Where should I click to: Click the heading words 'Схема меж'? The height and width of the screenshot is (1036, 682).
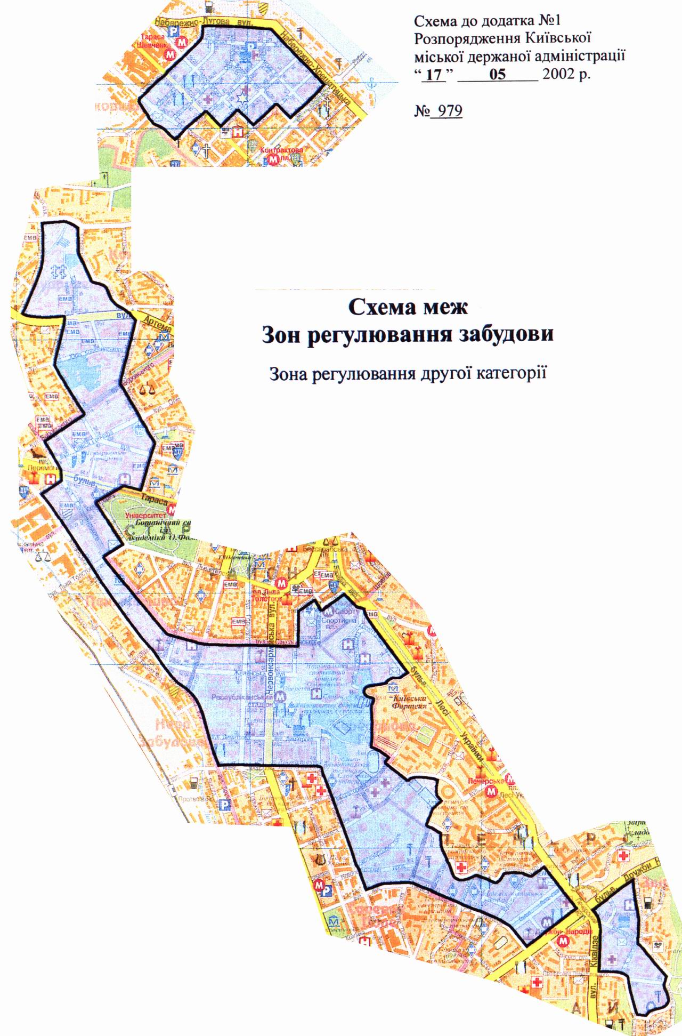click(408, 308)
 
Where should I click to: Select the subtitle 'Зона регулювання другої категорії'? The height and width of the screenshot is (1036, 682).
click(408, 373)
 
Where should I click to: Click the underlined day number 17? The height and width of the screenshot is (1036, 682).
click(435, 74)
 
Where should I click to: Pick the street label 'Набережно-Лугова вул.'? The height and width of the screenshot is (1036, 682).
click(208, 23)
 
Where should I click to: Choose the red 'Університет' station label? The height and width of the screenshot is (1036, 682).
click(145, 516)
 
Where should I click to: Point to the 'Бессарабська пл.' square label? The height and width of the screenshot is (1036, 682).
click(315, 549)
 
